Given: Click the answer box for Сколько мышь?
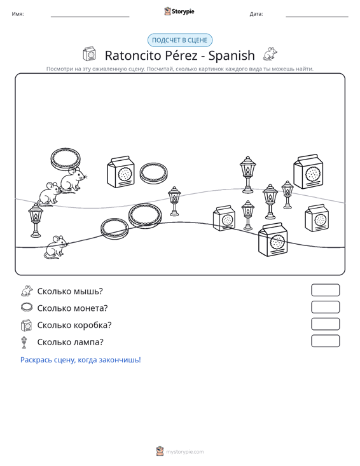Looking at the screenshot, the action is pyautogui.click(x=325, y=290).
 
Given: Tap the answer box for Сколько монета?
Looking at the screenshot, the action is pyautogui.click(x=325, y=307).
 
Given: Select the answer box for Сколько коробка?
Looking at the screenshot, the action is pyautogui.click(x=325, y=324).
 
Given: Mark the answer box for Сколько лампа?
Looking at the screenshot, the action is pyautogui.click(x=325, y=341).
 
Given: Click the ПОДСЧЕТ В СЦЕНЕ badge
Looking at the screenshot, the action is pyautogui.click(x=180, y=40).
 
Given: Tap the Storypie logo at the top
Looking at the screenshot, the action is pyautogui.click(x=179, y=11).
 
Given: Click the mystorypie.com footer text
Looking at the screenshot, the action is pyautogui.click(x=184, y=452).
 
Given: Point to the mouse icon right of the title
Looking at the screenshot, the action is pyautogui.click(x=270, y=54).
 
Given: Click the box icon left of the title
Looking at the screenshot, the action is pyautogui.click(x=89, y=54).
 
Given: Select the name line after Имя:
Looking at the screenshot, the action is pyautogui.click(x=90, y=17).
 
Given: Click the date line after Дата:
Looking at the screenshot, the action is pyautogui.click(x=317, y=17).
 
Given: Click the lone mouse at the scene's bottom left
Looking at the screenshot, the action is pyautogui.click(x=57, y=247).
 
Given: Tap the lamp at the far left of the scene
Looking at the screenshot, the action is pyautogui.click(x=36, y=221).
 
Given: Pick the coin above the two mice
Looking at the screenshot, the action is pyautogui.click(x=66, y=159).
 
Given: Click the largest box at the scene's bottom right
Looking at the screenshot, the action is pyautogui.click(x=273, y=240).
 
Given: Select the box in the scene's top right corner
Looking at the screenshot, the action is pyautogui.click(x=308, y=172).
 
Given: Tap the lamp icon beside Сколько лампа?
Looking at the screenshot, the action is pyautogui.click(x=24, y=343).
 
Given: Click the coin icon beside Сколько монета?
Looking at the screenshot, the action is pyautogui.click(x=27, y=307).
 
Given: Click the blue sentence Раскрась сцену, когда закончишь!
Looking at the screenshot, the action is pyautogui.click(x=81, y=360).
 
